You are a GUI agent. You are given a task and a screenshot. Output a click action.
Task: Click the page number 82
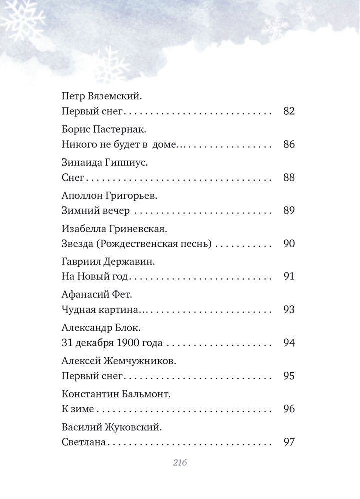tap(289, 111)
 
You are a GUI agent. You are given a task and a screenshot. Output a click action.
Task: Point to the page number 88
tap(289, 177)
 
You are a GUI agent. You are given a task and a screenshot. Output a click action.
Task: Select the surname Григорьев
tap(134, 195)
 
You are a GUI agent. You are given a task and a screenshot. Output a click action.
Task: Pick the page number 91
tap(289, 277)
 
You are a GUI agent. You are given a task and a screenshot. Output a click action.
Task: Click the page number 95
tap(289, 376)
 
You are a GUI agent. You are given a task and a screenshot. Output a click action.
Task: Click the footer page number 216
tap(180, 463)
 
